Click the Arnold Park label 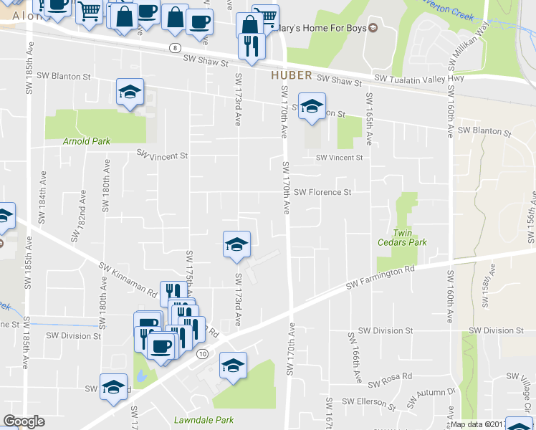click(x=86, y=141)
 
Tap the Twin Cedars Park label click(x=402, y=237)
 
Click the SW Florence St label click(x=322, y=192)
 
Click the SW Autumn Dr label click(x=436, y=392)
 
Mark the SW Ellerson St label click(x=369, y=402)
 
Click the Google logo click(x=23, y=421)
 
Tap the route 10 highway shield click(x=203, y=354)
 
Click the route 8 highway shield click(x=175, y=47)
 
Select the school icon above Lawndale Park click(x=233, y=365)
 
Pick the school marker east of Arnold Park click(x=130, y=92)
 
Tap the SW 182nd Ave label click(x=78, y=215)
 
